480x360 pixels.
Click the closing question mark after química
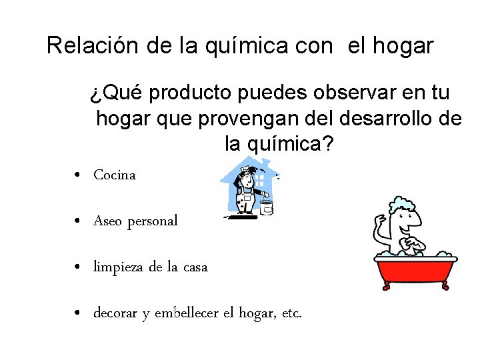[x=328, y=143]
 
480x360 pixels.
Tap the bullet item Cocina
[x=115, y=175]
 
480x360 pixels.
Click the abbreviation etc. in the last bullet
[x=292, y=313]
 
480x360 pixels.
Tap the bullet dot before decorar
[x=79, y=313]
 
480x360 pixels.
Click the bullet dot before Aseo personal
[x=79, y=221]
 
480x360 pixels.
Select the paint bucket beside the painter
[x=267, y=207]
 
